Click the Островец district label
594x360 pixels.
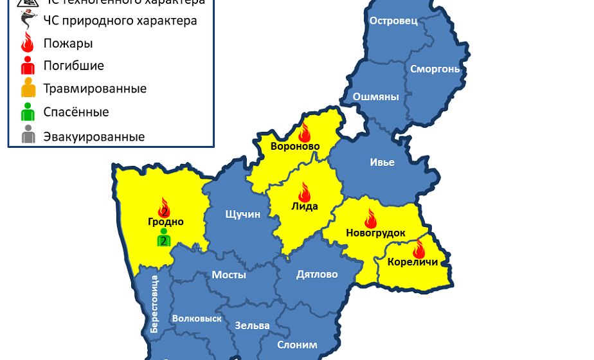(x=393, y=21)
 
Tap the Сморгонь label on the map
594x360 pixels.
(x=435, y=68)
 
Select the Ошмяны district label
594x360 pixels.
(x=375, y=97)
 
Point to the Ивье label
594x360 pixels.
(x=382, y=162)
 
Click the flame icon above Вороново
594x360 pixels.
(x=305, y=132)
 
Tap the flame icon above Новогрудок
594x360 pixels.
(x=371, y=218)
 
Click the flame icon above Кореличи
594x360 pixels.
(x=419, y=248)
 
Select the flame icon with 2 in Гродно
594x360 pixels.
(x=164, y=208)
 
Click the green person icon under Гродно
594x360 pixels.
(x=163, y=237)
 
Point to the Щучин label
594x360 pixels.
(x=242, y=214)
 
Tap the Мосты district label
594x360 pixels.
(x=229, y=274)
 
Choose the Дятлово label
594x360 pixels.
(x=317, y=274)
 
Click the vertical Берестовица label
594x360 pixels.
(x=154, y=304)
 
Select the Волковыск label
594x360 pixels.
(x=197, y=318)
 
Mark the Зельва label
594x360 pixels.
(x=252, y=325)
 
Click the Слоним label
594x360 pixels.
(x=297, y=345)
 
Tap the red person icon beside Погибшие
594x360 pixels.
(x=28, y=66)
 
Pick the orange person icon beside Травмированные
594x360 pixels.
(x=28, y=89)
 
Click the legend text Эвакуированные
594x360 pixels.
(x=94, y=136)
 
